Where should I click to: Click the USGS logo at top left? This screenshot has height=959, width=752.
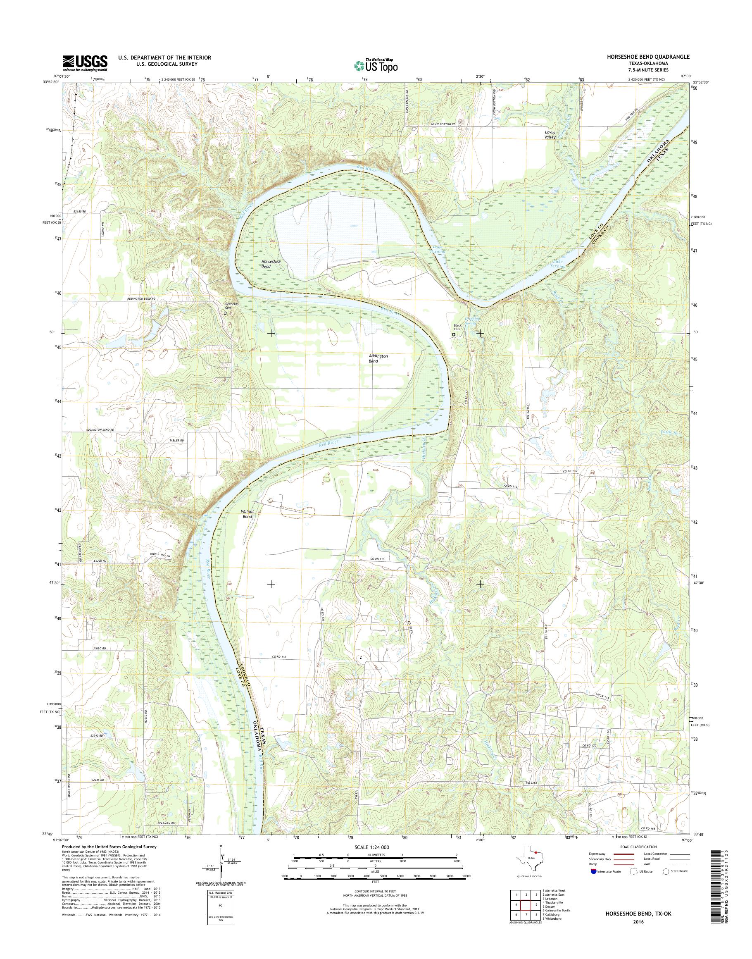(85, 63)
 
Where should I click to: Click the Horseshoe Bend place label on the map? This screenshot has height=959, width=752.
(271, 264)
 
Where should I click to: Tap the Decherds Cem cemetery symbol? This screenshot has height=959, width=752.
(225, 314)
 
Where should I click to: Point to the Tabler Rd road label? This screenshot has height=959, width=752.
(176, 441)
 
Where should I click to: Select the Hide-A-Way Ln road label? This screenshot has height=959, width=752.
(159, 556)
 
